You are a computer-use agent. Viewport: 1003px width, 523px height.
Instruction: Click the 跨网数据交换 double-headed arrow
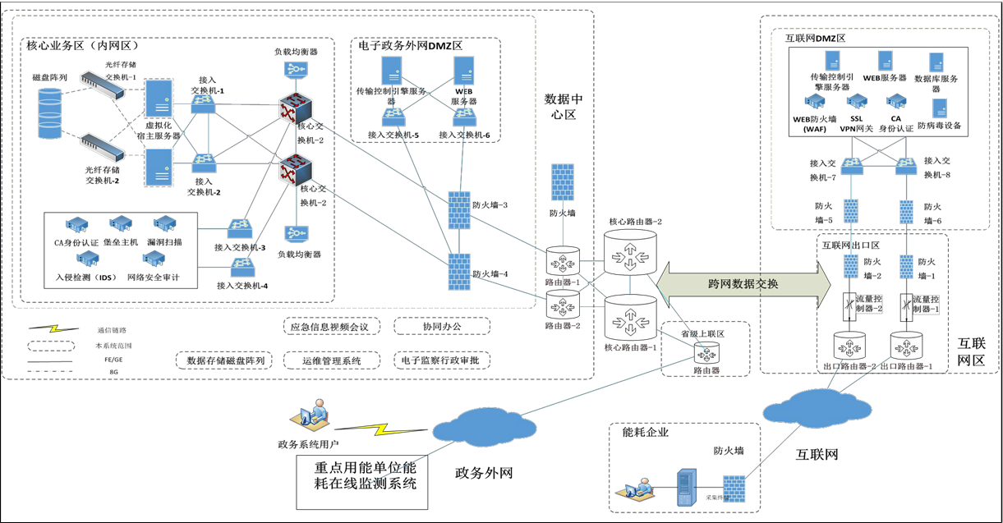(x=744, y=284)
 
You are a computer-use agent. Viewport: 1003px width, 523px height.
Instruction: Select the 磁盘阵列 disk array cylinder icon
(x=56, y=112)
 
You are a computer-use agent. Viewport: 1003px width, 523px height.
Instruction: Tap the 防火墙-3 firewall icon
(x=458, y=210)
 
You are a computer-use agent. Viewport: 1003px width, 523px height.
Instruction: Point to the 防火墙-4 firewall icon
(x=458, y=270)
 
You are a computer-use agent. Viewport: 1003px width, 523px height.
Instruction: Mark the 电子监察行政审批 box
(x=442, y=360)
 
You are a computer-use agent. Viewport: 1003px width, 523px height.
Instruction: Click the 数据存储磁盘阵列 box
(x=226, y=360)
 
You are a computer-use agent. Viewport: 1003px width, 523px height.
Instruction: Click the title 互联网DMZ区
(x=816, y=38)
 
